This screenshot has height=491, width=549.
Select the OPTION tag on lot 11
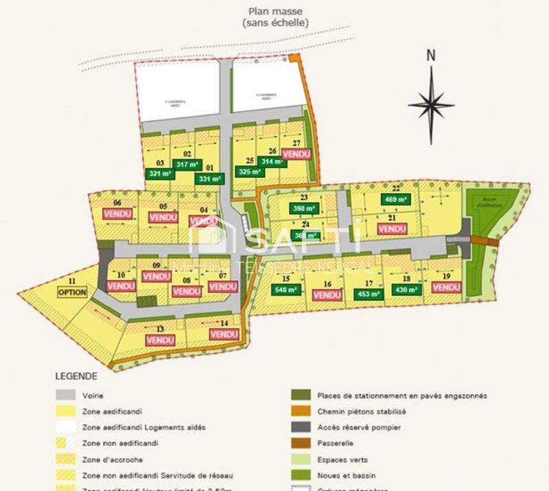72,292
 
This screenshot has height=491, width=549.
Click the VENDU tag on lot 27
296,155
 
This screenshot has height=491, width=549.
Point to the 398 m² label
304,209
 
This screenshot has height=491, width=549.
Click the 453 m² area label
368,294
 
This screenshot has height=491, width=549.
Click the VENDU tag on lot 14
224,334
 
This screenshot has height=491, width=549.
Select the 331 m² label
209,179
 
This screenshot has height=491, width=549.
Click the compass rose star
431,105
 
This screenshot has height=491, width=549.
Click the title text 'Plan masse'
275,11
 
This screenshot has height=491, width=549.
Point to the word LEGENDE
76,376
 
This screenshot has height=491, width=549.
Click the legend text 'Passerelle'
335,444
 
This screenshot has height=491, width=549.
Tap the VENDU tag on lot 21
392,229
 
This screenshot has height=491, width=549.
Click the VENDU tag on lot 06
117,214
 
